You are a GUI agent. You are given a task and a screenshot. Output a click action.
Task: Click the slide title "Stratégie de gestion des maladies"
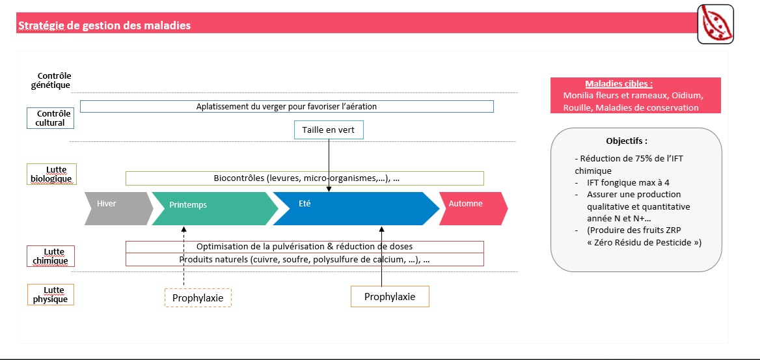click(x=104, y=25)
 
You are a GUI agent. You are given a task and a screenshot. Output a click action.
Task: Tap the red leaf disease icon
click(x=715, y=24)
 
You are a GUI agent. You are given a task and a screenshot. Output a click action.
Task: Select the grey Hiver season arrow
click(x=118, y=208)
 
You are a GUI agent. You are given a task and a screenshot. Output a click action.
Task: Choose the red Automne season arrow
click(x=473, y=208)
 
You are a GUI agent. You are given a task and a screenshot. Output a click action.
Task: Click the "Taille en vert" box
click(x=329, y=130)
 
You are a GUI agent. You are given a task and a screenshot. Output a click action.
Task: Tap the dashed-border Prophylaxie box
click(x=198, y=298)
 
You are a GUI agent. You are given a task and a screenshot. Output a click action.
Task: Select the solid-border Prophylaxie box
click(x=390, y=296)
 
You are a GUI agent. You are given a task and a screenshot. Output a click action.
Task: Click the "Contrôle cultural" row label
click(x=50, y=118)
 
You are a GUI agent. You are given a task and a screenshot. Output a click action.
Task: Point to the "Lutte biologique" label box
click(x=50, y=174)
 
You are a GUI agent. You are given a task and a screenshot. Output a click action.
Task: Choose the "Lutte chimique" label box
click(x=50, y=256)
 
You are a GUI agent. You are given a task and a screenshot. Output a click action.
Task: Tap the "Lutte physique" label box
click(x=50, y=294)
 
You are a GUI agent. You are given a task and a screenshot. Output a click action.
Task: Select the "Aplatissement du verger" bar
click(x=286, y=106)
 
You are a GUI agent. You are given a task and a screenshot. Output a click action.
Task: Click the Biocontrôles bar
click(x=305, y=178)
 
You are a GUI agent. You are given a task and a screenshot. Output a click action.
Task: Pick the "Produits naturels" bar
click(x=305, y=260)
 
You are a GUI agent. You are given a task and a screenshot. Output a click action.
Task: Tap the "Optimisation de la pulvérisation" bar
click(x=305, y=247)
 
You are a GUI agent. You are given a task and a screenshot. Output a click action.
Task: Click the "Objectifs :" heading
click(x=627, y=141)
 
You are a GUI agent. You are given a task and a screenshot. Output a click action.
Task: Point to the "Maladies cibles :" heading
click(x=618, y=83)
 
